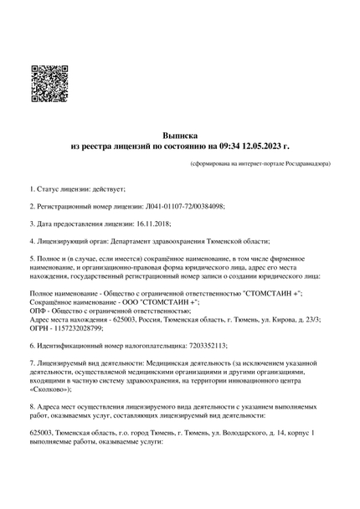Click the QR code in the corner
(x=48, y=84)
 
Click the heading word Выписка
(x=180, y=133)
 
